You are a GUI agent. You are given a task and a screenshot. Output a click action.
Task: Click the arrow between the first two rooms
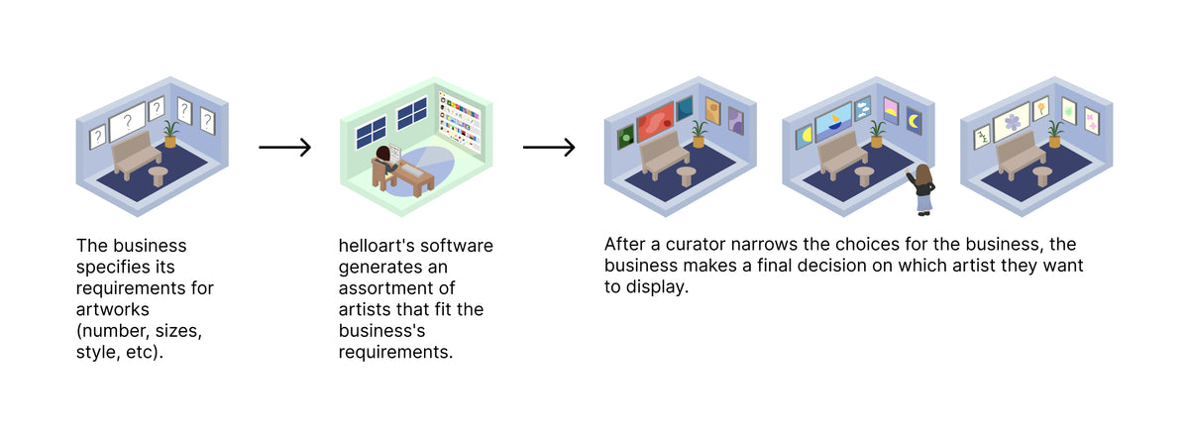pyautogui.click(x=285, y=148)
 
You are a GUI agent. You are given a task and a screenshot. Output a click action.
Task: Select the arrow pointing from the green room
pyautogui.click(x=549, y=148)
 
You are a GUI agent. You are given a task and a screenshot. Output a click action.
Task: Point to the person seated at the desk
pyautogui.click(x=384, y=160)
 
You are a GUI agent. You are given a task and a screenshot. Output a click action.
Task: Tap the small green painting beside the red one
pyautogui.click(x=625, y=138)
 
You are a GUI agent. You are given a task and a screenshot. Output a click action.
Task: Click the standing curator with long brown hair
pyautogui.click(x=924, y=188)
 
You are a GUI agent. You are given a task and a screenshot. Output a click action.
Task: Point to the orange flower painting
pyautogui.click(x=1040, y=106)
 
